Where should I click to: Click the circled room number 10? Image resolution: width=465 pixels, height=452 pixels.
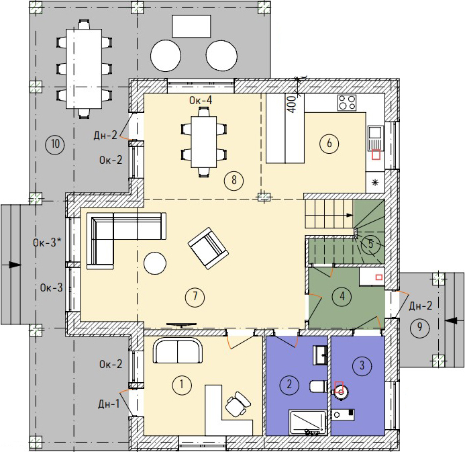[55, 144]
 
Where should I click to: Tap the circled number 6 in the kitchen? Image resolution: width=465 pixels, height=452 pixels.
[329, 143]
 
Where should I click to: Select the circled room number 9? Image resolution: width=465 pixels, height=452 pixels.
[419, 327]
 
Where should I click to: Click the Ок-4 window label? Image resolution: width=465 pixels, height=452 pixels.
[201, 100]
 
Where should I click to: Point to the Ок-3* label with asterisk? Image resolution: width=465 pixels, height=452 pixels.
[47, 242]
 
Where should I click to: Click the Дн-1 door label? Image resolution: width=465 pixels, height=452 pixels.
[109, 404]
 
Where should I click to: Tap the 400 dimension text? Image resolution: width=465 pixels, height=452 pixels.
[292, 104]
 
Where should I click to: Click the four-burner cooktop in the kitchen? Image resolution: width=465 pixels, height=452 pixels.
[347, 102]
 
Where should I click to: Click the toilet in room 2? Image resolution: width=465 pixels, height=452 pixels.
[318, 386]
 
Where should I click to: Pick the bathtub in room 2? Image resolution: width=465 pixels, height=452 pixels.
[308, 422]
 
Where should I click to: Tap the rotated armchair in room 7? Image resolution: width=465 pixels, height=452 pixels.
[208, 248]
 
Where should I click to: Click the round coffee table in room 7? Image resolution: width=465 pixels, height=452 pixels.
[155, 263]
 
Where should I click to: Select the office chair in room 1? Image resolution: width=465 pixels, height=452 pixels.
[238, 404]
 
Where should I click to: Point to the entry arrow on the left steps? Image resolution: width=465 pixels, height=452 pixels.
[12, 265]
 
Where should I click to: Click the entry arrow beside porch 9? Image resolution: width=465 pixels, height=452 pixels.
[454, 321]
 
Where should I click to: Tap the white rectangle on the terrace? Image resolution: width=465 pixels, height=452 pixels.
[192, 26]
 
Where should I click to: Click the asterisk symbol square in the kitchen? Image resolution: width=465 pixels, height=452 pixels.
[375, 182]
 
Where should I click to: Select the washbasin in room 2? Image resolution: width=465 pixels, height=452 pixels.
[320, 355]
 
